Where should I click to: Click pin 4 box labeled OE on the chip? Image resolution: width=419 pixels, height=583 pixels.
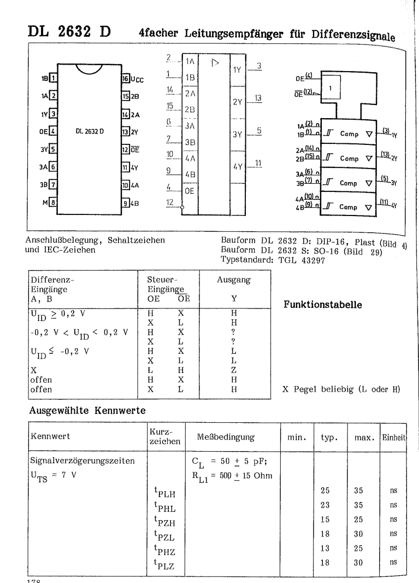52,131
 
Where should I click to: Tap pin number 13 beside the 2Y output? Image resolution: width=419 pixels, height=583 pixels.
258,98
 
